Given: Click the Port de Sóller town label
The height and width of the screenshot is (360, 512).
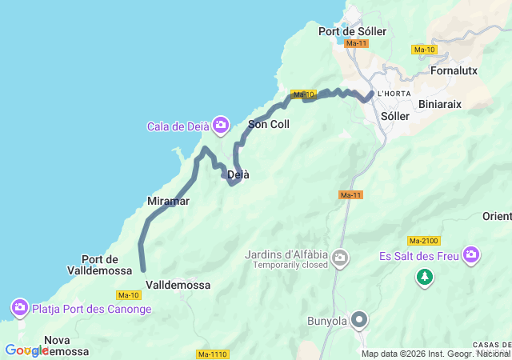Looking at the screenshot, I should [x=352, y=31].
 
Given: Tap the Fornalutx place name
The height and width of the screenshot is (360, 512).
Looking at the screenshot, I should [x=454, y=70].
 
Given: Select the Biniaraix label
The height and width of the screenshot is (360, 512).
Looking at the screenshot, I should [x=441, y=104].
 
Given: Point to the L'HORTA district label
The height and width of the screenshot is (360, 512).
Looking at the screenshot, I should [x=394, y=94].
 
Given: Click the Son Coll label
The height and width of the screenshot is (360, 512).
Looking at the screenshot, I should [x=269, y=124].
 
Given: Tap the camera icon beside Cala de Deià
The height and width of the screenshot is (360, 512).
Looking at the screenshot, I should [x=221, y=125].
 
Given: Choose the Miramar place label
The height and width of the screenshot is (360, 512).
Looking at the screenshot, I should [x=168, y=202].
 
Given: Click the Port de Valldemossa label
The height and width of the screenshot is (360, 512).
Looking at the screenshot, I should [x=100, y=265].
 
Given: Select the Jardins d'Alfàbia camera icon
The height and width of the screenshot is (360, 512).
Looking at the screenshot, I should [x=340, y=258].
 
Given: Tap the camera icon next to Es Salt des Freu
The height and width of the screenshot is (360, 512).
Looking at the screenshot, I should [x=471, y=255].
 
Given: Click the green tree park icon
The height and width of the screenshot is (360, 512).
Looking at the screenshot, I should [x=424, y=277].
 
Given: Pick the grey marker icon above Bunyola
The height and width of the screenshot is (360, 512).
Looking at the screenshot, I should [x=359, y=320].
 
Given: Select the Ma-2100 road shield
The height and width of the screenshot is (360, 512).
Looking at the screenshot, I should [x=424, y=241].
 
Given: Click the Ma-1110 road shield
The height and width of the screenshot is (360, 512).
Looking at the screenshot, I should [x=212, y=354].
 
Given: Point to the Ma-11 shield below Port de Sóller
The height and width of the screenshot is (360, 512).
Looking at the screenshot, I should [x=357, y=43].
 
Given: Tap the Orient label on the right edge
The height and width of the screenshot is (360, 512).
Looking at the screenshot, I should [x=497, y=217].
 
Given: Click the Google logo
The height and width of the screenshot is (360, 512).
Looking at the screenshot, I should [x=26, y=350].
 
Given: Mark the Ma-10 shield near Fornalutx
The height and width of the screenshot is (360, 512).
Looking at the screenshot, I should [x=423, y=50].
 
